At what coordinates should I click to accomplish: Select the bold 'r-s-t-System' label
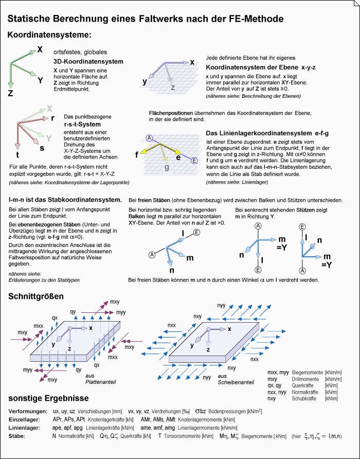(x=82, y=124)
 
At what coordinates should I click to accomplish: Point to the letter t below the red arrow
(x=17, y=155)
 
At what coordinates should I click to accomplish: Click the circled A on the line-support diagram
(x=149, y=138)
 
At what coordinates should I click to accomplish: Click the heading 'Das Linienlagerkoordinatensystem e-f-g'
(x=267, y=133)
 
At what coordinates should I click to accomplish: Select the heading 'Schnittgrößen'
(x=36, y=296)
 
